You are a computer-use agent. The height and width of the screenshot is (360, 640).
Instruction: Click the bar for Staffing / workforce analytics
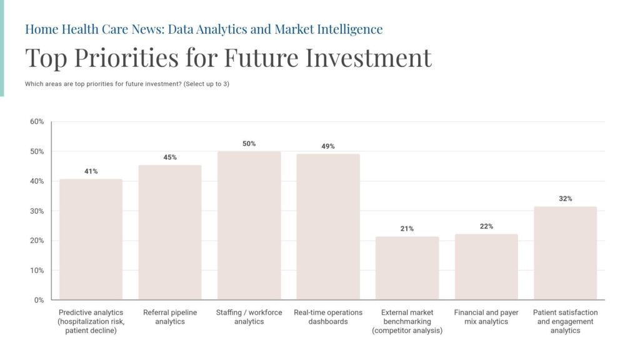coord(249,226)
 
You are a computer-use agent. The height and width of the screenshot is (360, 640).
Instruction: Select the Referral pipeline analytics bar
coord(169,232)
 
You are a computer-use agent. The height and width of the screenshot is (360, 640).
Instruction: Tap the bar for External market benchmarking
coord(407,268)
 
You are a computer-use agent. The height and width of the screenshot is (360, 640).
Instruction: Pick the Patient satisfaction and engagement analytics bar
coord(565,253)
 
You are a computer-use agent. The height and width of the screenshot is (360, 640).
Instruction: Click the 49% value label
coord(328,146)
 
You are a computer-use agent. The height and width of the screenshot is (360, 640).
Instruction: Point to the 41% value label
coord(91,171)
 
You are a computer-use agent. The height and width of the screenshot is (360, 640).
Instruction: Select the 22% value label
coord(486,226)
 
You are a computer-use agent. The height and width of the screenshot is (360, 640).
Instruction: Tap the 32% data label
coord(565,199)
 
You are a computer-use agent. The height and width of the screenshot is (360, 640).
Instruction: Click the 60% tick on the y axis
coord(37,121)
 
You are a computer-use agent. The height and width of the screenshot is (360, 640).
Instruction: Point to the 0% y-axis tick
coord(39,300)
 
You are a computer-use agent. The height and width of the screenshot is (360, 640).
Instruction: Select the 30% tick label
coord(37,211)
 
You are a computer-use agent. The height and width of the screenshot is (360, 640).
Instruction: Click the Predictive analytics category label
coord(91,321)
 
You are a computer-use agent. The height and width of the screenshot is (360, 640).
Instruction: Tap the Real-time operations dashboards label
coord(328,317)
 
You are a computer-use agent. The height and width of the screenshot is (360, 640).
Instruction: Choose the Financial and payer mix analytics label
coord(486,317)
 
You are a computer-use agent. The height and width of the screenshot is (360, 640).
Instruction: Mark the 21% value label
coord(407,229)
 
